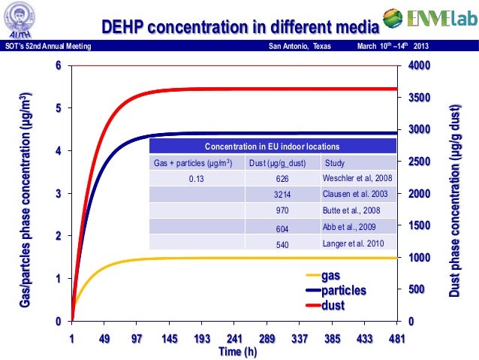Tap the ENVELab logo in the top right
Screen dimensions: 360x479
coord(429,18)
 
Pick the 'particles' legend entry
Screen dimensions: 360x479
coord(343,290)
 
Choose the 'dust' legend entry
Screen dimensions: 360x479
coord(333,304)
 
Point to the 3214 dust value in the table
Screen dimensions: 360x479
coord(282,194)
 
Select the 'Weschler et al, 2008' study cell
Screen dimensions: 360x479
coord(357,178)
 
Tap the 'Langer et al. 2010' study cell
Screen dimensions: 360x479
coord(353,244)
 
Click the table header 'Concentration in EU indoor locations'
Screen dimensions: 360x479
coord(272,146)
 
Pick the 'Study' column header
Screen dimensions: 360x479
coord(334,162)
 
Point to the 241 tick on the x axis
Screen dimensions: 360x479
coord(234,339)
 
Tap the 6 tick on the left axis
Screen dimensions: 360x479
coord(59,66)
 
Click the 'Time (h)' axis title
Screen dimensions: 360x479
coord(234,352)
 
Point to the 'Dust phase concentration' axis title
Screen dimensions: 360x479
coord(455,194)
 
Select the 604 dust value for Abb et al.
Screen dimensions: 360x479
coord(282,228)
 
